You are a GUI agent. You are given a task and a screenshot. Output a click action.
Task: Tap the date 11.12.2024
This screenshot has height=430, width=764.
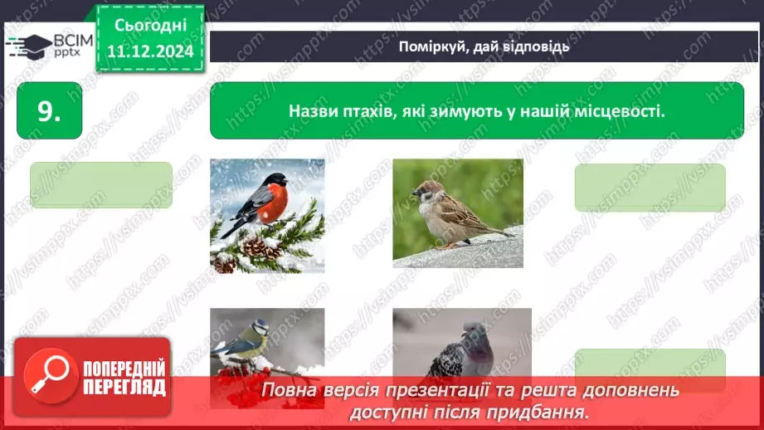click(150, 51)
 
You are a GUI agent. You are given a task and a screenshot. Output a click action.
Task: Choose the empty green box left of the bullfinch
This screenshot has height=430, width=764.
click(100, 184)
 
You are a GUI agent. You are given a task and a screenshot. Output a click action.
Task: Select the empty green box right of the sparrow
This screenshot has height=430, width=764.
click(650, 187)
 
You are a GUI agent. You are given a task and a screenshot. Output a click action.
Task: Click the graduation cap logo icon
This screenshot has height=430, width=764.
click(28, 46)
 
